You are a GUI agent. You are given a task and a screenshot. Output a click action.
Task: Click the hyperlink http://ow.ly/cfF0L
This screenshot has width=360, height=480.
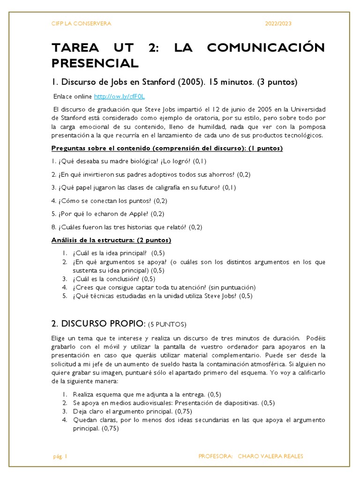point(120,97)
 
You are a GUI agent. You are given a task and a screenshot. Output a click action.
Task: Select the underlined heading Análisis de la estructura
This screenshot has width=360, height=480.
point(111,240)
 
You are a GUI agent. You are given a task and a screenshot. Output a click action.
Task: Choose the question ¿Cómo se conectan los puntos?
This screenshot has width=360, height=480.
point(109,201)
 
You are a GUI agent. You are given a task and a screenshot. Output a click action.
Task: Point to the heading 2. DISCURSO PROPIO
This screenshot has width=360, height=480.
point(97,324)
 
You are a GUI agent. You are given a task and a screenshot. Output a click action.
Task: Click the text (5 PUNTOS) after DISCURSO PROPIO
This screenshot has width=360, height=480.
point(167,324)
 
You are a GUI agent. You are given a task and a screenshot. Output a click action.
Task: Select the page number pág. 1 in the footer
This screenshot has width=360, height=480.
point(60,456)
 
